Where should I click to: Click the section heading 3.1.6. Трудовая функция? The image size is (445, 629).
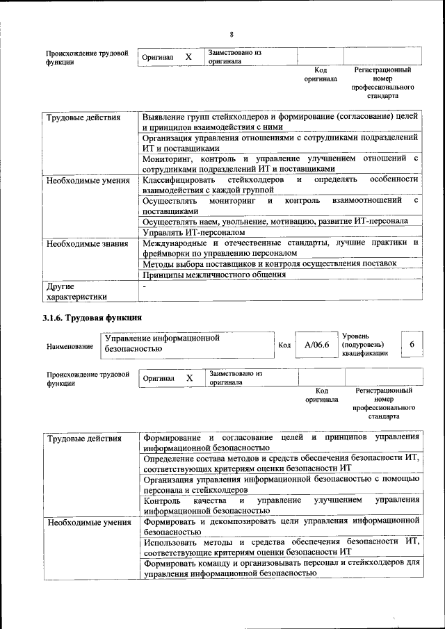click(x=92, y=318)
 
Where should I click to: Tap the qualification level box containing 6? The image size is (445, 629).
click(x=412, y=345)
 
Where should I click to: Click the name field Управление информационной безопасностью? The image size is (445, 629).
click(x=184, y=344)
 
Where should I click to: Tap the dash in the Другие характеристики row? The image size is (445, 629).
click(x=144, y=286)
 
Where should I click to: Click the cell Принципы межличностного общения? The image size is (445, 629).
click(x=214, y=275)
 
